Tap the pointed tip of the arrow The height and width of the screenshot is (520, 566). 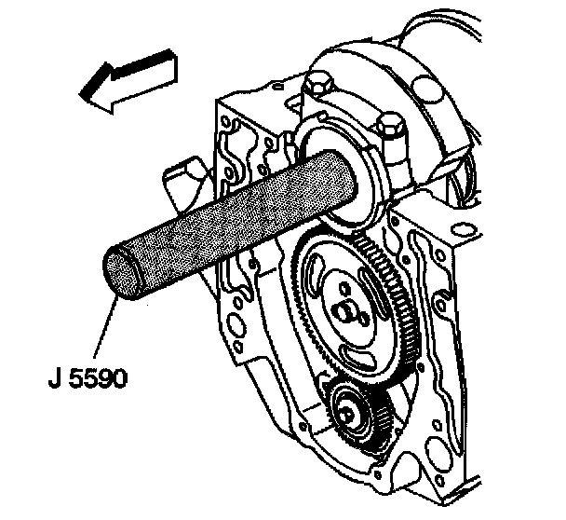point(83,93)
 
